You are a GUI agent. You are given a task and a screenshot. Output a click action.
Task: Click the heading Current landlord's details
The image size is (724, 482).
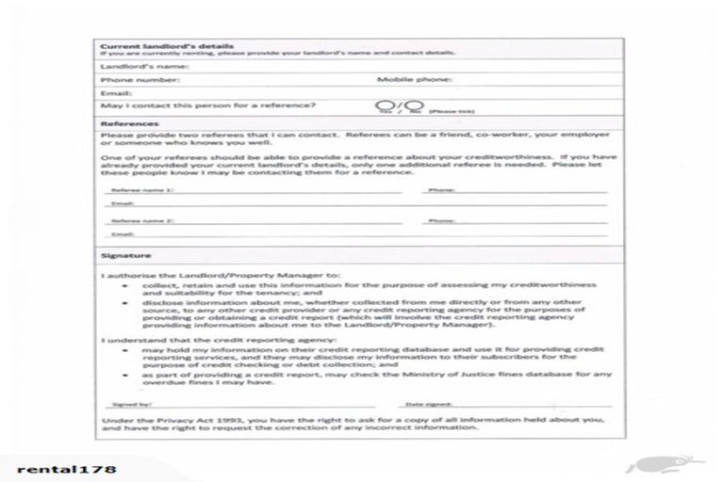pyautogui.click(x=166, y=44)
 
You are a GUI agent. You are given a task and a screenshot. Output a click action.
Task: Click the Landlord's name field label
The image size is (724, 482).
pyautogui.click(x=145, y=67)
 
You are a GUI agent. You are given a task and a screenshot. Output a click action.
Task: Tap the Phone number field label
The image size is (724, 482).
pyautogui.click(x=140, y=81)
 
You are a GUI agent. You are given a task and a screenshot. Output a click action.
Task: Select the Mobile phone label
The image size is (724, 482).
pyautogui.click(x=415, y=81)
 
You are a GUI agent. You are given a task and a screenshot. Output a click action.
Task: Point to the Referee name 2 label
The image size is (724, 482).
pyautogui.click(x=142, y=221)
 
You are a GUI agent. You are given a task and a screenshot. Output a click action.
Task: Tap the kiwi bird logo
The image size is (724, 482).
pyautogui.click(x=669, y=463)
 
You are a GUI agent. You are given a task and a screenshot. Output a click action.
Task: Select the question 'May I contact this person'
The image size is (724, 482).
pyautogui.click(x=208, y=106)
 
